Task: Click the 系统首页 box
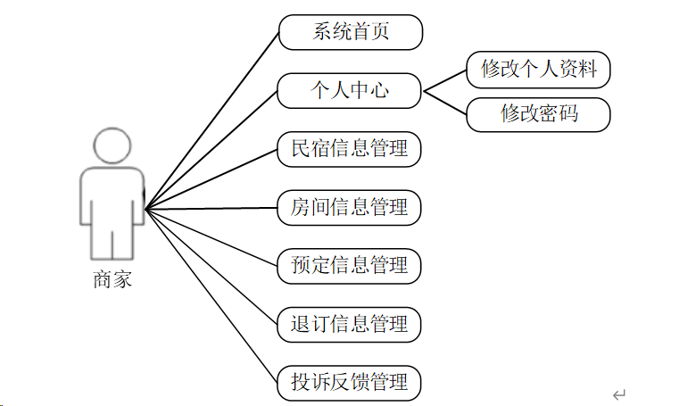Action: coord(350,32)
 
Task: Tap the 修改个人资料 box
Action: coord(538,70)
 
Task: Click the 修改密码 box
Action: coord(538,115)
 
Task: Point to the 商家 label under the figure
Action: coord(112,280)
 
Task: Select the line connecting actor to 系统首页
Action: coord(211,121)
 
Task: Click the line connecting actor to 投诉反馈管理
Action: coord(211,296)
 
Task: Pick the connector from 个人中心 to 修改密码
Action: coord(444,103)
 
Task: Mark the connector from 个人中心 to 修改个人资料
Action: coord(444,80)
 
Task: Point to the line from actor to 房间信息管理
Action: coord(211,209)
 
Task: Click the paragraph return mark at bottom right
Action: coord(619,394)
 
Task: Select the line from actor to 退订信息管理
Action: coord(211,267)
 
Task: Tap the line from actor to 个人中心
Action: coord(211,151)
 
